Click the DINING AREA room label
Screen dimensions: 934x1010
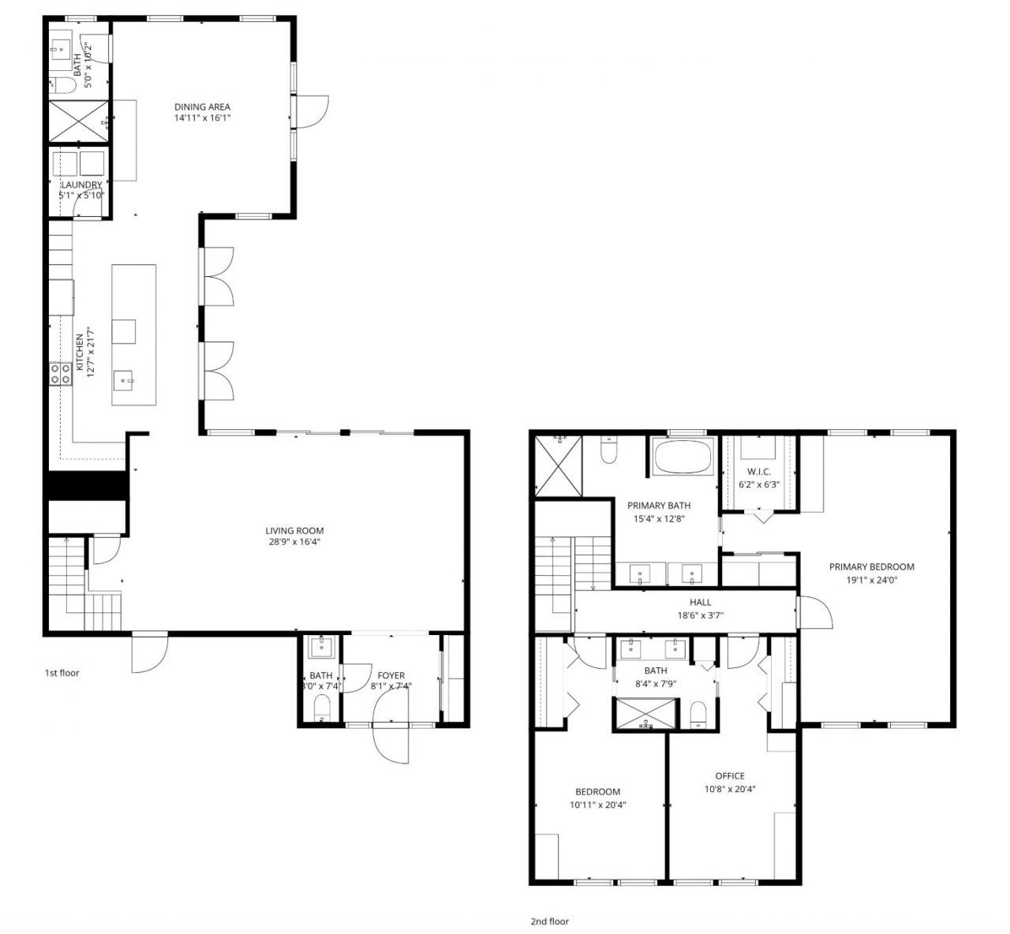pos(202,106)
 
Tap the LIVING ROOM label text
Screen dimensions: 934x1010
pos(294,530)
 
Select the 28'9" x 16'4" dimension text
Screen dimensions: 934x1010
pos(294,542)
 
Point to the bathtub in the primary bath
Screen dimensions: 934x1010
pos(683,458)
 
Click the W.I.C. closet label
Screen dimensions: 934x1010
pos(758,472)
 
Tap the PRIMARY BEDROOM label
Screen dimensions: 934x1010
pos(871,566)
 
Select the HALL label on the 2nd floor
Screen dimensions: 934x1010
pos(700,602)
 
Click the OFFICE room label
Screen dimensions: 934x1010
pos(729,775)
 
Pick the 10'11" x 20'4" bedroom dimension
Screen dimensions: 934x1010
pos(597,805)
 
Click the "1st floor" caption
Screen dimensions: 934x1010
pos(62,673)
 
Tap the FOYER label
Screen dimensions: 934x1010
pos(391,675)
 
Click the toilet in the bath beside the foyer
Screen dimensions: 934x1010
pos(321,712)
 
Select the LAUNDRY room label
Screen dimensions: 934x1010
pos(82,185)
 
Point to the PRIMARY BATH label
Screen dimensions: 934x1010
pos(659,506)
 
